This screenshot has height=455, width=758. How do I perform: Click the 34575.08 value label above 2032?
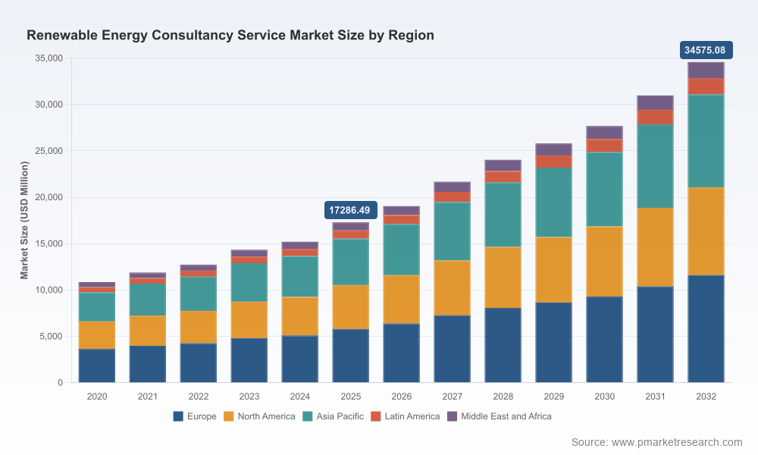pyautogui.click(x=706, y=50)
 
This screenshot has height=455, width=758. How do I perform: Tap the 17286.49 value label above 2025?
pyautogui.click(x=350, y=210)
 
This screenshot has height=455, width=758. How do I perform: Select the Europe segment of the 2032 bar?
pyautogui.click(x=706, y=329)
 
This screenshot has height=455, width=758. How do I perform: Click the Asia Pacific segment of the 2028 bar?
pyautogui.click(x=503, y=215)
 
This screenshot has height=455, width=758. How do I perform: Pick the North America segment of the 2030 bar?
pyautogui.click(x=604, y=262)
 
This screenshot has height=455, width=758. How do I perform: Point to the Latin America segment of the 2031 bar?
pyautogui.click(x=655, y=118)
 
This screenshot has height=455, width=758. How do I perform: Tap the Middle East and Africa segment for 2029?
pyautogui.click(x=553, y=150)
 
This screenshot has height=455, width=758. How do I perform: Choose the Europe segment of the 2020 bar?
pyautogui.click(x=97, y=366)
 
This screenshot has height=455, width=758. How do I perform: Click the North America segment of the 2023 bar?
pyautogui.click(x=249, y=320)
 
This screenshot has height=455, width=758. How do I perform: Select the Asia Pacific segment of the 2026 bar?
pyautogui.click(x=401, y=250)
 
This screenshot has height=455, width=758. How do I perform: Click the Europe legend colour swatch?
pyautogui.click(x=178, y=416)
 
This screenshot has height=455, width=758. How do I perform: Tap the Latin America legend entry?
pyautogui.click(x=405, y=416)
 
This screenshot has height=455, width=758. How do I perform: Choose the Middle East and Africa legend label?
pyautogui.click(x=506, y=416)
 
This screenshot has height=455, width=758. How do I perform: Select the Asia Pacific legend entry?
pyautogui.click(x=333, y=416)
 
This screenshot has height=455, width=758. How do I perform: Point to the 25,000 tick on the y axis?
pyautogui.click(x=49, y=151)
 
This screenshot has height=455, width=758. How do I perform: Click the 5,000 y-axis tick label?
pyautogui.click(x=52, y=337)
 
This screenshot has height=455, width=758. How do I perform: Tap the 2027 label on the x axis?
pyautogui.click(x=452, y=397)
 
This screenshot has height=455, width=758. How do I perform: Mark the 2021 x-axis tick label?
pyautogui.click(x=148, y=397)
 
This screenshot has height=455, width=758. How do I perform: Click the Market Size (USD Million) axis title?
pyautogui.click(x=25, y=221)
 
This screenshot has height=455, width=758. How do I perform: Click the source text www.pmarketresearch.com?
pyautogui.click(x=677, y=442)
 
